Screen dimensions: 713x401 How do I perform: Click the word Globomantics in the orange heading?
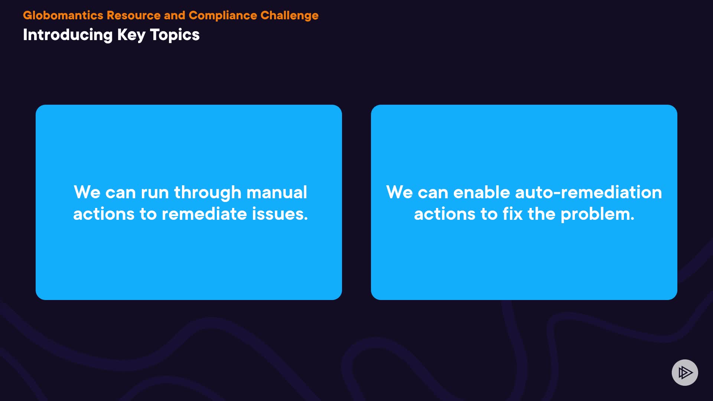click(63, 15)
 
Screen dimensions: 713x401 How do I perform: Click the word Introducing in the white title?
click(68, 35)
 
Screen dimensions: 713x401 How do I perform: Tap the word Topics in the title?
click(175, 35)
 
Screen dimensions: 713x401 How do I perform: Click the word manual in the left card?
click(277, 192)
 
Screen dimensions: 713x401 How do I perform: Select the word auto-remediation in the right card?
click(588, 192)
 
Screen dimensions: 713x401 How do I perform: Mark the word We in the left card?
click(87, 192)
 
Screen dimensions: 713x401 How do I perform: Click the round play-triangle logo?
click(685, 372)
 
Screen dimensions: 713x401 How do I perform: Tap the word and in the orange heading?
click(175, 15)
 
